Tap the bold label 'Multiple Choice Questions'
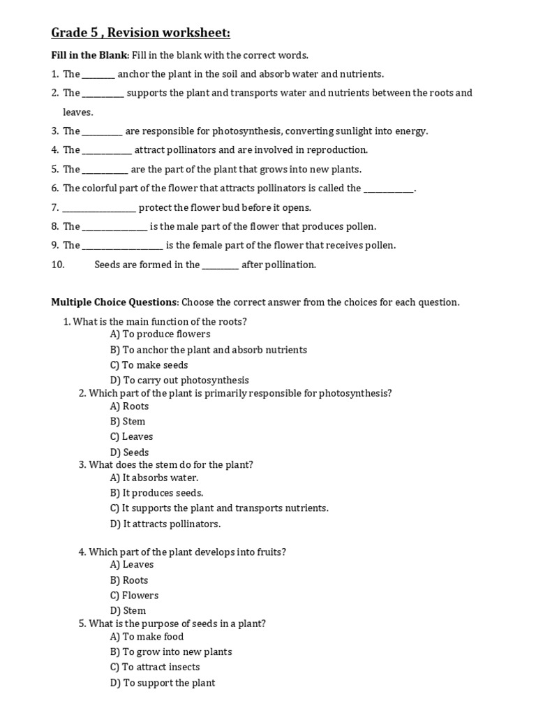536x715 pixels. (x=114, y=302)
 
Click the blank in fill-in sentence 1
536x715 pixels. (x=98, y=75)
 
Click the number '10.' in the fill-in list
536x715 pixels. (x=58, y=265)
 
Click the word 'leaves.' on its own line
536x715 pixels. (x=77, y=112)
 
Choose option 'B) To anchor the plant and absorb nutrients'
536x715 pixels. (x=208, y=350)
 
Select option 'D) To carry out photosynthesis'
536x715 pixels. (x=179, y=381)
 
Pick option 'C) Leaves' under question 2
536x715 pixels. (x=131, y=437)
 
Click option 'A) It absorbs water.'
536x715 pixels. (x=154, y=478)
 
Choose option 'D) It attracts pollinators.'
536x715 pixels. (x=165, y=524)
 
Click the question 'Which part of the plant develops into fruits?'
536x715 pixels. (x=187, y=552)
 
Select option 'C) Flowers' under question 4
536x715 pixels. (x=134, y=596)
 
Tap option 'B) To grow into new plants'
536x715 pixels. (x=171, y=652)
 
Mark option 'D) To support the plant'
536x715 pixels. (x=163, y=683)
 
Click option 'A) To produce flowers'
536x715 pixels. (x=160, y=334)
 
